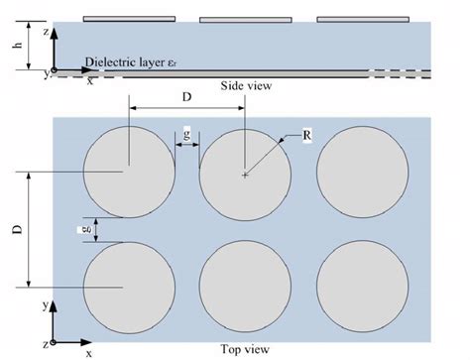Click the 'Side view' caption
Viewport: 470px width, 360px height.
(246, 86)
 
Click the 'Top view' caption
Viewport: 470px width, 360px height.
(245, 349)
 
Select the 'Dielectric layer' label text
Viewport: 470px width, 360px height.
(126, 62)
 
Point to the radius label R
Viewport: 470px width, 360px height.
(306, 135)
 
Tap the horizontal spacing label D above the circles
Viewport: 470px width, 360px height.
(186, 97)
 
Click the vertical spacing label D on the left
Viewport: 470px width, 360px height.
(18, 229)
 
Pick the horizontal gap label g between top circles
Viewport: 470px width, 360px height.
(186, 134)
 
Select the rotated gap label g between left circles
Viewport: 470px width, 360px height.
(86, 230)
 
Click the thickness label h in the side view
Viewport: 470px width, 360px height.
(17, 46)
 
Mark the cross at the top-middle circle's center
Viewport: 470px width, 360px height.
(245, 176)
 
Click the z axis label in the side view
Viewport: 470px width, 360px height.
(47, 32)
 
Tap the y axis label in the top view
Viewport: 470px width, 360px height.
(46, 305)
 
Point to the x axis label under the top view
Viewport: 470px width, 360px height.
(88, 354)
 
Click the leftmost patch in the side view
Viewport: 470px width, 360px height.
(129, 19)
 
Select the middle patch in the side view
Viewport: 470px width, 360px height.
(246, 20)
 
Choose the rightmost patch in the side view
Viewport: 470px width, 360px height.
(363, 20)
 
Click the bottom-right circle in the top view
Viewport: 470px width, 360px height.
(363, 287)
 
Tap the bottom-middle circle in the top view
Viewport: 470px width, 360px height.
(245, 287)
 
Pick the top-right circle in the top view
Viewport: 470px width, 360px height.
(363, 172)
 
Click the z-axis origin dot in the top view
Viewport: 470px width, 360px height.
(54, 342)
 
